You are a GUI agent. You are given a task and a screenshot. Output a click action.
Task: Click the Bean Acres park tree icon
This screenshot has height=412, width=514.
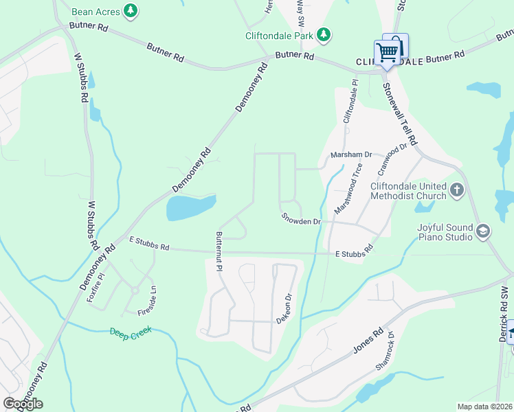pyautogui.click(x=131, y=11)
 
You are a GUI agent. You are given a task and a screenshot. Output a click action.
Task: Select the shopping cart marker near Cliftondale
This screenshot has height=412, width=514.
pyautogui.click(x=387, y=52)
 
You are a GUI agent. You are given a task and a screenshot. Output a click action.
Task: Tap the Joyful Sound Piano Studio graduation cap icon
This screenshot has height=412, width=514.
pyautogui.click(x=484, y=231)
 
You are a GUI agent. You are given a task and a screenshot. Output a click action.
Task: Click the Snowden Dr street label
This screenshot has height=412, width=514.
pyautogui.click(x=301, y=219)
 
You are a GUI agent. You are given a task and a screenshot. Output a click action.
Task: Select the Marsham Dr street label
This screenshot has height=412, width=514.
pyautogui.click(x=350, y=155)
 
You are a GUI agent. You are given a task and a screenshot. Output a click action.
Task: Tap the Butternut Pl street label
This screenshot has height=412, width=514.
pyautogui.click(x=219, y=251)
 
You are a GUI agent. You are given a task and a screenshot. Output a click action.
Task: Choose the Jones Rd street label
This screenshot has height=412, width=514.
pyautogui.click(x=368, y=341)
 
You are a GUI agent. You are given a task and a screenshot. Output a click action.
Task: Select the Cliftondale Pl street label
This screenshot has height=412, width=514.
pyautogui.click(x=350, y=102)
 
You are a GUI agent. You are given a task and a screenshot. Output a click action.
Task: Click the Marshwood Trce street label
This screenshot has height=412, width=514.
pyautogui.click(x=348, y=187)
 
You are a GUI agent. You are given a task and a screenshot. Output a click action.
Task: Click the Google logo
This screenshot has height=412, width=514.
pyautogui.click(x=23, y=404)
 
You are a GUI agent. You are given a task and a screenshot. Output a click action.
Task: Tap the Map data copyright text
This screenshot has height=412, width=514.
pyautogui.click(x=484, y=407)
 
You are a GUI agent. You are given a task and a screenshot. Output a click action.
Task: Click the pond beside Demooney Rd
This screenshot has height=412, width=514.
pyautogui.click(x=190, y=207)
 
